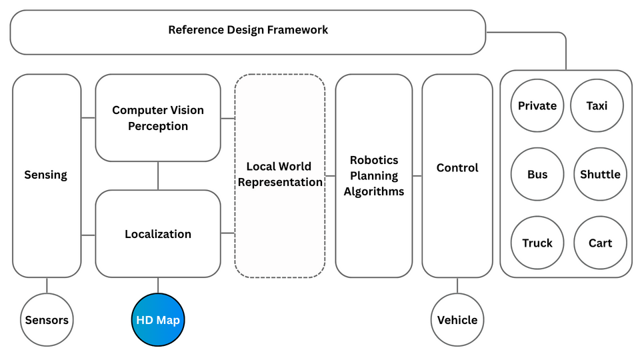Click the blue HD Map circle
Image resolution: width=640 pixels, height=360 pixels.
[158, 321]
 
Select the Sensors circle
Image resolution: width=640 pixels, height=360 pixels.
[47, 321]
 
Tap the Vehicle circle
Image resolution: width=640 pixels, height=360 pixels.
[457, 321]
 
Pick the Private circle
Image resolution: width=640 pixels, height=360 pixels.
[537, 105]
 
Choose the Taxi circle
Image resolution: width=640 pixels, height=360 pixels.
[597, 105]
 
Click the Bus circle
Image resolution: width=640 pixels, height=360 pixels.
[537, 175]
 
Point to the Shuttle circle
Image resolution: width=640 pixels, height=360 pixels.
[600, 175]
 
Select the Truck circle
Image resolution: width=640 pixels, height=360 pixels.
[537, 243]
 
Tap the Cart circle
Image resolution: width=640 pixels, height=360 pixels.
[600, 243]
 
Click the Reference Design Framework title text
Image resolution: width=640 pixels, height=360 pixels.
[248, 30]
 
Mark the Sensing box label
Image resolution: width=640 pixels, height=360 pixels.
[46, 175]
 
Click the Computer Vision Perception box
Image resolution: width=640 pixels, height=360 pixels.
[158, 118]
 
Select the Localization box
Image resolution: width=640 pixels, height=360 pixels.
[158, 234]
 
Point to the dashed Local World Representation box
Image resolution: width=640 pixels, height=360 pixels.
[280, 175]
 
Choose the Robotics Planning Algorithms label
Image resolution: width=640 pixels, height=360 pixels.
[374, 176]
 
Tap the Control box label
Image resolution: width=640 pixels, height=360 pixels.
[457, 168]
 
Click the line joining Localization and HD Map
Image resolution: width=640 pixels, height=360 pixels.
[158, 285]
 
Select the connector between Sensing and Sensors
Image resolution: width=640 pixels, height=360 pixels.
[47, 285]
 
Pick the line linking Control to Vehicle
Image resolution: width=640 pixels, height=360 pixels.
[457, 285]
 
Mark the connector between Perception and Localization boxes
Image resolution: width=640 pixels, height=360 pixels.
[158, 176]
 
